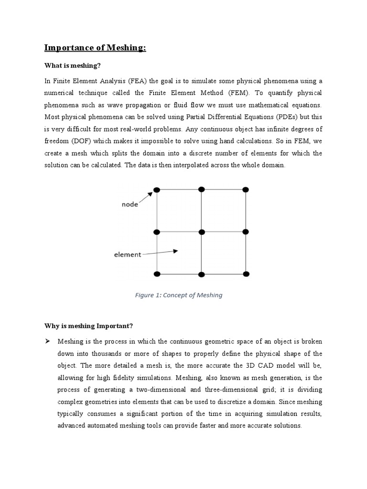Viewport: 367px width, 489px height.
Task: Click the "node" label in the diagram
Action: pyautogui.click(x=130, y=204)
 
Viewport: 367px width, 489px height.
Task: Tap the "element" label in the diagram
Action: pyautogui.click(x=127, y=255)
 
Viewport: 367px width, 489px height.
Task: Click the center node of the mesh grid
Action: pyautogui.click(x=202, y=232)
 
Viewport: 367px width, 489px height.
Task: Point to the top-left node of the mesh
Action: pyautogui.click(x=157, y=190)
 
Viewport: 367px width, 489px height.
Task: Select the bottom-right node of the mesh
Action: pyautogui.click(x=246, y=274)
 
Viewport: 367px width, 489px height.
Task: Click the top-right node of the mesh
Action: pyautogui.click(x=246, y=190)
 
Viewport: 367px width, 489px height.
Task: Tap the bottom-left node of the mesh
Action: pyautogui.click(x=157, y=274)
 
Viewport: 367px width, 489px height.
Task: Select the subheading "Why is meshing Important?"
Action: pyautogui.click(x=88, y=326)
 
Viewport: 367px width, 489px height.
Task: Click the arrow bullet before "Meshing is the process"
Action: pyautogui.click(x=47, y=341)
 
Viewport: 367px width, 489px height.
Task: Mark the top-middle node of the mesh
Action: pyautogui.click(x=202, y=190)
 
